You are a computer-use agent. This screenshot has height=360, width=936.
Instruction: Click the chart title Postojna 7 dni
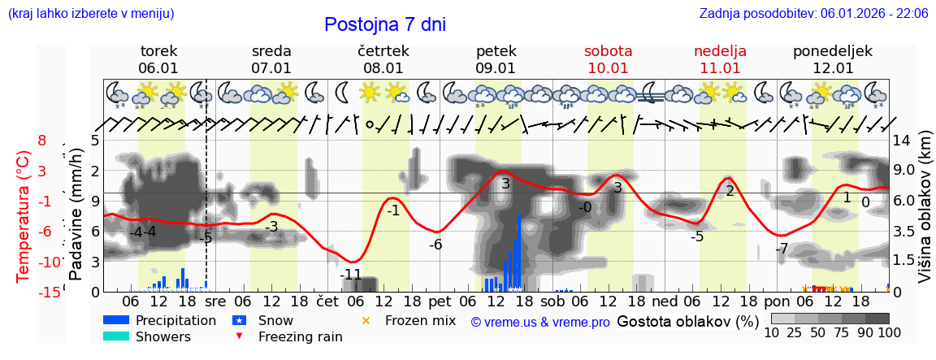tap(385, 24)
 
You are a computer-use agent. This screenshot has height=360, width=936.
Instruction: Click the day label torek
tap(158, 51)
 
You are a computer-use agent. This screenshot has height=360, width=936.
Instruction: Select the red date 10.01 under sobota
tap(608, 68)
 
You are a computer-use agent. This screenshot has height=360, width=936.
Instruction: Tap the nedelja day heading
tap(720, 51)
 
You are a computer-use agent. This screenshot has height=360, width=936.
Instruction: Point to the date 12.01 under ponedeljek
tap(833, 68)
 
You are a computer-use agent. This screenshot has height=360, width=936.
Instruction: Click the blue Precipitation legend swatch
tap(116, 320)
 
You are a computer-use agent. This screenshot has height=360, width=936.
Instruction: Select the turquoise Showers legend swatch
tap(116, 336)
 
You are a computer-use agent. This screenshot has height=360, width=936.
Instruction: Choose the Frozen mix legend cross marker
tap(365, 320)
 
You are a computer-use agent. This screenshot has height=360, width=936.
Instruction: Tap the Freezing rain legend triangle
tap(239, 336)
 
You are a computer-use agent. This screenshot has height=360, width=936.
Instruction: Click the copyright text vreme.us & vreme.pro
tap(540, 323)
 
